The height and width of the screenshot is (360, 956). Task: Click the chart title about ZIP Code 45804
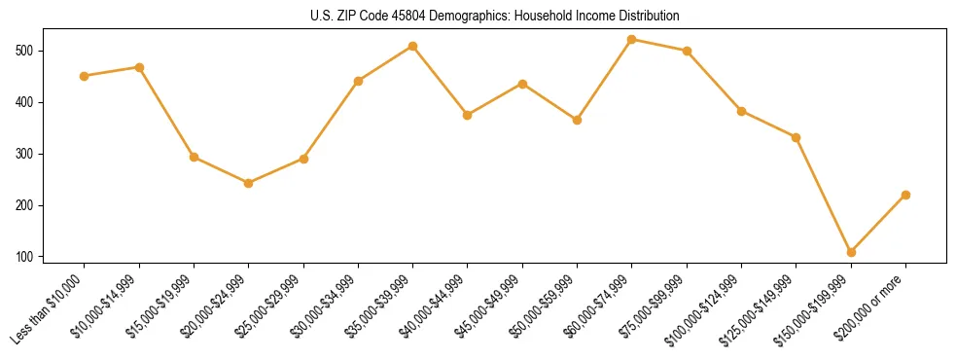(x=478, y=17)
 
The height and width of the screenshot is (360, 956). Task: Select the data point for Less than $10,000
(x=85, y=76)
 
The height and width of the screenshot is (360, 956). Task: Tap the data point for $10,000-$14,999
(x=139, y=67)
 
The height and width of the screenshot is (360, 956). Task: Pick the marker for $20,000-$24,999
(x=249, y=183)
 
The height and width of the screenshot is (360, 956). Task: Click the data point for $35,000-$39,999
(x=413, y=46)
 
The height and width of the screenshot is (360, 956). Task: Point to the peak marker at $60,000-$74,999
(x=632, y=39)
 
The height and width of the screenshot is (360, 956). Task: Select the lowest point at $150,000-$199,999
(x=851, y=252)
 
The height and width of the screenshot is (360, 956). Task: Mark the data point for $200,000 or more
(x=905, y=195)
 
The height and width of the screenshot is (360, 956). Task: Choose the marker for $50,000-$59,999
(x=577, y=120)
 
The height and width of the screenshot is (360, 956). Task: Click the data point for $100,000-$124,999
(x=741, y=111)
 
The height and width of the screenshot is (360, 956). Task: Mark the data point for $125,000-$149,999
(x=796, y=137)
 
